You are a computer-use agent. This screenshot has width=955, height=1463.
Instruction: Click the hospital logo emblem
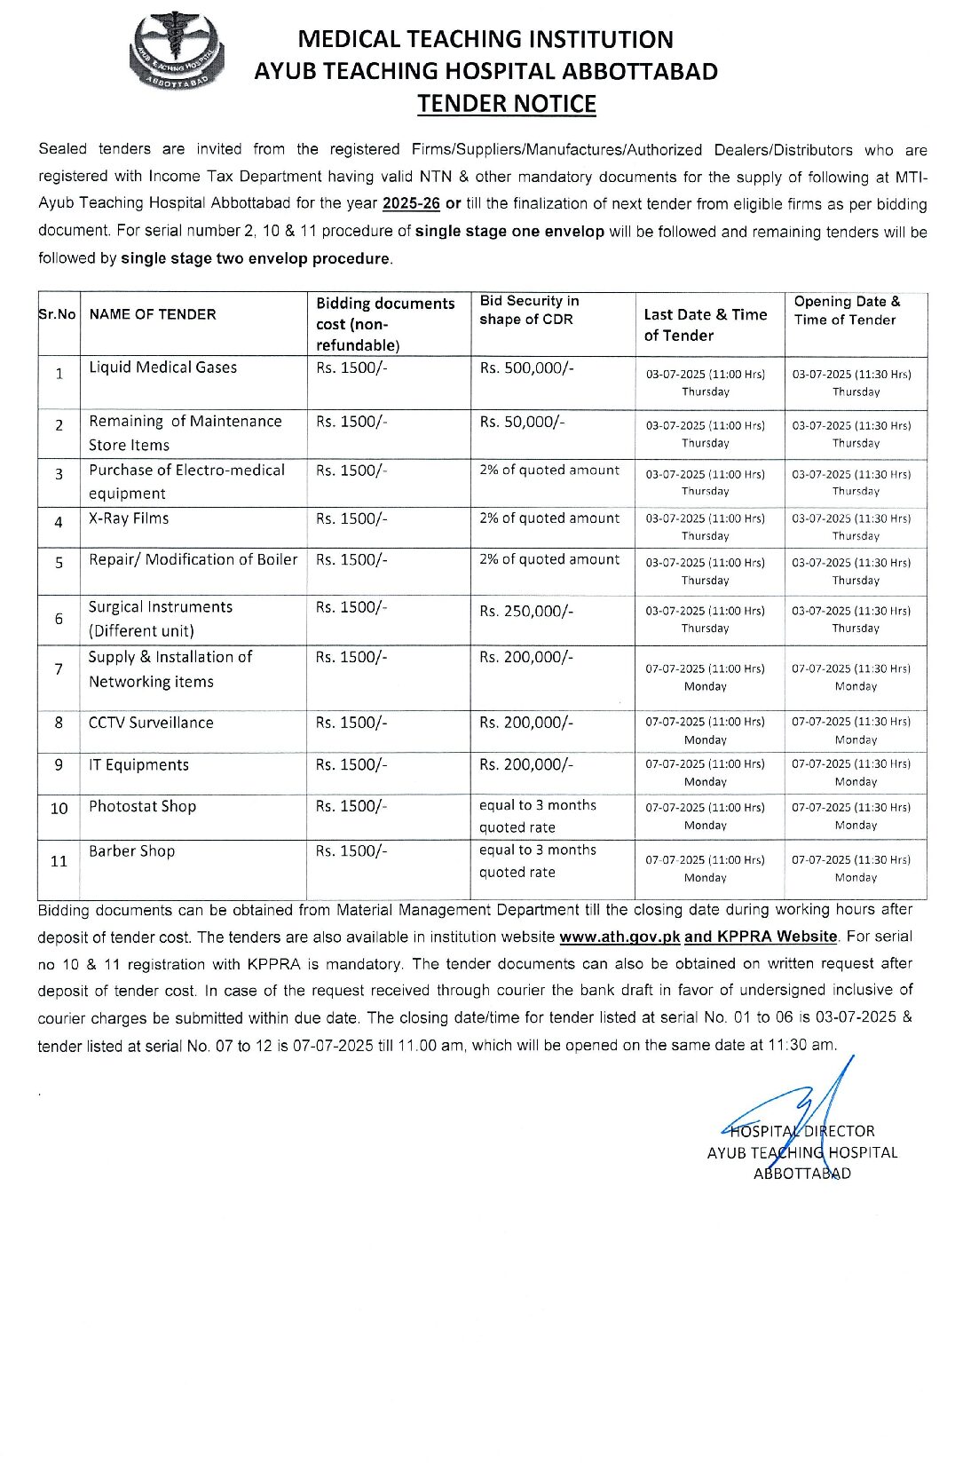[177, 51]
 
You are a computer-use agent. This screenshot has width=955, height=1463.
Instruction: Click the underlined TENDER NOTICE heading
[507, 104]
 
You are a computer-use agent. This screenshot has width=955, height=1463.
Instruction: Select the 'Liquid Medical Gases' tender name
[162, 368]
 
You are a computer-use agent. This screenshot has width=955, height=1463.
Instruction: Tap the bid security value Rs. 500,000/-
[526, 368]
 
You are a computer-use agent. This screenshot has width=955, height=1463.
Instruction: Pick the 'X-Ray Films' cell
[129, 518]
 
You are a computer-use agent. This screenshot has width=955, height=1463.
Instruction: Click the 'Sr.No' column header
[58, 314]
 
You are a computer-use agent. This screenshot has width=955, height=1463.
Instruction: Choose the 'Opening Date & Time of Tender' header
[847, 311]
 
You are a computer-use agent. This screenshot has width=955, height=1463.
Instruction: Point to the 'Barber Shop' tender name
[131, 851]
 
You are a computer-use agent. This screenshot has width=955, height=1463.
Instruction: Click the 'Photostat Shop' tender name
[142, 807]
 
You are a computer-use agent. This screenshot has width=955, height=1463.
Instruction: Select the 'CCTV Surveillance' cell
[151, 723]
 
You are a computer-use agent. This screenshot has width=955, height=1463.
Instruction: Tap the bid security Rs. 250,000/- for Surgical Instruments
[526, 612]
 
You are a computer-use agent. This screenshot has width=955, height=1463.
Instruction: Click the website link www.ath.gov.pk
[620, 937]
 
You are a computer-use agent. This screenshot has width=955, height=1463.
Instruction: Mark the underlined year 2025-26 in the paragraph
[411, 203]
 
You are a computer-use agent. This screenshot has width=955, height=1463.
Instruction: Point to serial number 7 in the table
[59, 669]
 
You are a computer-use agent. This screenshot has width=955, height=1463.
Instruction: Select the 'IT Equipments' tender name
[138, 765]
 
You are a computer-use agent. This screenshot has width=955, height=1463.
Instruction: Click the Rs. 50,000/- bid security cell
[522, 423]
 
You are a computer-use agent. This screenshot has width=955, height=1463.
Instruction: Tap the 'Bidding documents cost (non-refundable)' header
[385, 324]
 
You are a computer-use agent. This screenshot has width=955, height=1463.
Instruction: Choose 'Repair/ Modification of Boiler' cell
[193, 560]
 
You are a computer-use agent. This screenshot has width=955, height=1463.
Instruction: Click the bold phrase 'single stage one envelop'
[509, 232]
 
